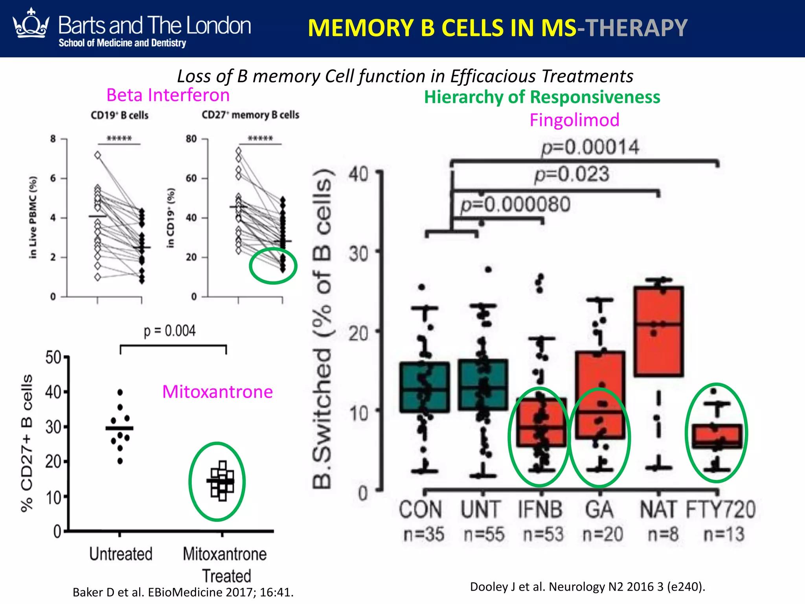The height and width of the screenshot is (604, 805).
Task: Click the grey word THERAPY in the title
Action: pos(636,28)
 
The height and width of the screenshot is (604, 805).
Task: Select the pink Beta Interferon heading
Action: pos(168,95)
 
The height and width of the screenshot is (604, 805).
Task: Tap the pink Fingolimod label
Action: pos(574,120)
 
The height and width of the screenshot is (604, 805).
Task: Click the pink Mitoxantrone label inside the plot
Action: pos(217,392)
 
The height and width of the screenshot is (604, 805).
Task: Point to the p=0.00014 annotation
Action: pos(590,147)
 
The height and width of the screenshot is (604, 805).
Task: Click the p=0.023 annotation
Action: pos(572,174)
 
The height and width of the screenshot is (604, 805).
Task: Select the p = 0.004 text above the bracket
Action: pos(169,331)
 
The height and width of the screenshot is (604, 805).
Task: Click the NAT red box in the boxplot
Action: pos(658,331)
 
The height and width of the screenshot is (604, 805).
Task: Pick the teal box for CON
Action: pos(425,387)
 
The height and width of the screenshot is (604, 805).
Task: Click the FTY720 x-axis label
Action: pos(720,510)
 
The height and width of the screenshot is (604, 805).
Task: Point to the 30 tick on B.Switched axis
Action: pos(358,254)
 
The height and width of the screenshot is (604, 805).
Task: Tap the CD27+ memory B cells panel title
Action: pos(250,115)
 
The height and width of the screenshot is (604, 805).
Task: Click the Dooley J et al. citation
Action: pos(588,587)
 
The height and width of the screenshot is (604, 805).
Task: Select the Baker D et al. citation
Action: pos(183,592)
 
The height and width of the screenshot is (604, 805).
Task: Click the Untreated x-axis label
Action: pos(121,554)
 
